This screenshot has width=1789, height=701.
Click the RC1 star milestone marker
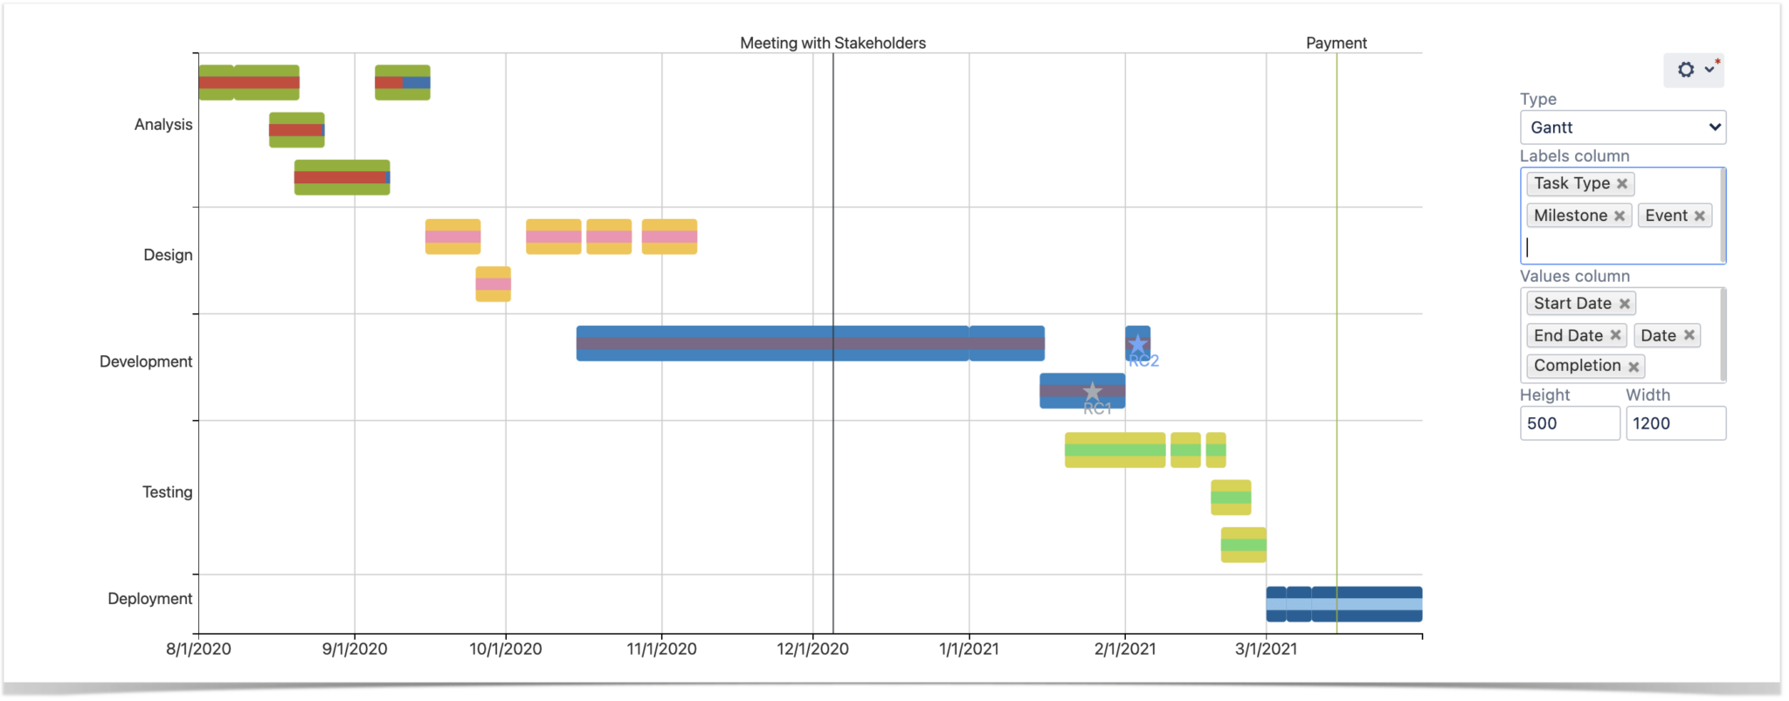tap(1092, 392)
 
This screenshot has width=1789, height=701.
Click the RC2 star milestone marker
tap(1137, 344)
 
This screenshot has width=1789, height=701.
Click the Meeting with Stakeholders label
tap(832, 43)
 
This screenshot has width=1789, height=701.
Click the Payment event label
tap(1336, 43)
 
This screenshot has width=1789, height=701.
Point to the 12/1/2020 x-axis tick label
tap(812, 649)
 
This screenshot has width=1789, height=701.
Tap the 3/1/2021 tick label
tap(1266, 649)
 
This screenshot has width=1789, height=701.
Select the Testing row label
tap(167, 492)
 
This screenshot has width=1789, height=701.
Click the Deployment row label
tap(149, 599)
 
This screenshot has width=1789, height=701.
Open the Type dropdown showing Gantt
tap(1622, 127)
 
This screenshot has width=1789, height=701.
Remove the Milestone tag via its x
tap(1619, 216)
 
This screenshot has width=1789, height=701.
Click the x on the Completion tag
tap(1633, 367)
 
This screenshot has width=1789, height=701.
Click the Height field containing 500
tap(1569, 423)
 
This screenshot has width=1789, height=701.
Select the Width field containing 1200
tap(1675, 423)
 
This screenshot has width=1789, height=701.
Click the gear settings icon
tap(1686, 70)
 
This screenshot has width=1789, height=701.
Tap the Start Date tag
tap(1571, 303)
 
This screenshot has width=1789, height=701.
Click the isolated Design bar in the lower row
tap(493, 284)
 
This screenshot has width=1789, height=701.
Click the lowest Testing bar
tap(1243, 545)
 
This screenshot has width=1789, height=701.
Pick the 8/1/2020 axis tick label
tap(198, 649)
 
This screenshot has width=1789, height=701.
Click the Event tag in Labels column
tap(1665, 216)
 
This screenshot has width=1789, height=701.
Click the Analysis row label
tap(162, 125)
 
